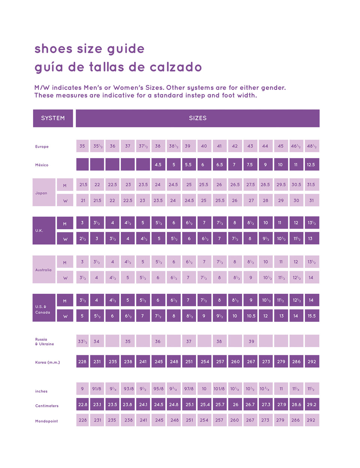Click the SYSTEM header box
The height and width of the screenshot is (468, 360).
point(53,118)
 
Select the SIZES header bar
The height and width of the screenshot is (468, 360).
point(198,118)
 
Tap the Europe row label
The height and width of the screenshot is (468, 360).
point(42,147)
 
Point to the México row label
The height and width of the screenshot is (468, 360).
point(42,165)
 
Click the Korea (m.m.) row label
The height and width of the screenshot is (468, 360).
point(48,362)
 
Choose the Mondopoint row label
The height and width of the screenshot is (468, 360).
point(46,421)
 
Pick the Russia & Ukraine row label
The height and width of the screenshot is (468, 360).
point(44,342)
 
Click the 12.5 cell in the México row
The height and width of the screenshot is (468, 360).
point(311,164)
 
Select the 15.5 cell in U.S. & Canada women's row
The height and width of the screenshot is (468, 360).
point(312,316)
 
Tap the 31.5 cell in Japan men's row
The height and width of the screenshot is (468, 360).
point(311,185)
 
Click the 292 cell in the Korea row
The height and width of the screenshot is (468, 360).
point(312,362)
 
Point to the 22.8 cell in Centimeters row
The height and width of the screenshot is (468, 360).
point(82,405)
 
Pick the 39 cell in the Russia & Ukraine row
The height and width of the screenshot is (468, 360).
point(251,341)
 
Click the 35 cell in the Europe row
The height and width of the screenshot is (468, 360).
point(82,146)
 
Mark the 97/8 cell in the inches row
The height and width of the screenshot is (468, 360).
point(189,389)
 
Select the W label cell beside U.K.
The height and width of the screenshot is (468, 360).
point(65,239)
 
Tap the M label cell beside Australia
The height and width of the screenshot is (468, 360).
point(65,263)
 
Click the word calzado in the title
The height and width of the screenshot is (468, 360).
point(175,67)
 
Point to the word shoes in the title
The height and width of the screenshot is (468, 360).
point(53,49)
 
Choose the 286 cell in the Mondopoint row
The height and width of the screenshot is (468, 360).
point(296,420)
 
